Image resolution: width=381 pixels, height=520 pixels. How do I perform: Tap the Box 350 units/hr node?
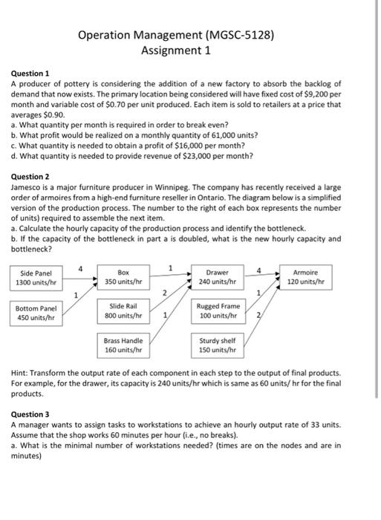coord(124,278)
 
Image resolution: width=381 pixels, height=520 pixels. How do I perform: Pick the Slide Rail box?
coord(124,311)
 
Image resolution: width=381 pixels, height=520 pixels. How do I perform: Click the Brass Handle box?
coord(124,345)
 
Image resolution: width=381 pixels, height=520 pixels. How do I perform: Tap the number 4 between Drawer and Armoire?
coord(258,270)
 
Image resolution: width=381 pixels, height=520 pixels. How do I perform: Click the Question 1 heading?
coord(29,74)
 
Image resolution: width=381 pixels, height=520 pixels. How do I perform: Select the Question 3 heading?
coord(29,414)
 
